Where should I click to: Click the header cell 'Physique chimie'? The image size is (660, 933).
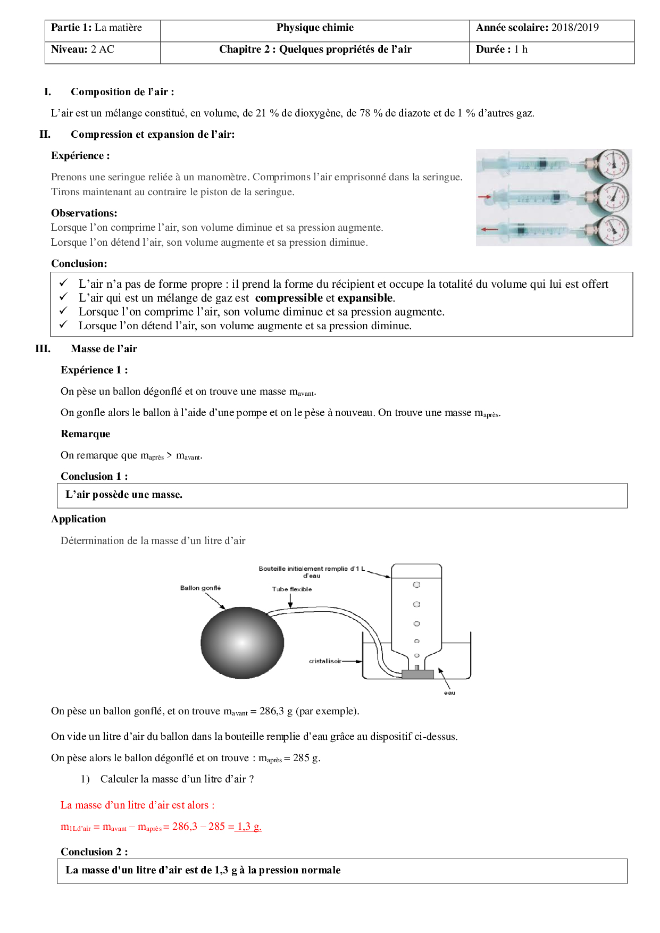coord(315,28)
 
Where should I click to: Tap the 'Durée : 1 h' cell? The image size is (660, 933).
coord(502,50)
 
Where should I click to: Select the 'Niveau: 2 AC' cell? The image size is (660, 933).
coord(82,50)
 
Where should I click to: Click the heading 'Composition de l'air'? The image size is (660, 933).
coord(122,92)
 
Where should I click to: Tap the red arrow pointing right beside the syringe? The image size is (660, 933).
coord(484,197)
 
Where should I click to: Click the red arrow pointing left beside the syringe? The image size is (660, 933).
coord(489,230)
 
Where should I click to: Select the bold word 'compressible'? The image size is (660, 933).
coord(289,298)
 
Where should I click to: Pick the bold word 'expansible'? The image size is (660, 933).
coord(365,298)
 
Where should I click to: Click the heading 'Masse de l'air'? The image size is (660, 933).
coord(104,349)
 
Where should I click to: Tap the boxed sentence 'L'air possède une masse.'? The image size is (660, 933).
coord(124,495)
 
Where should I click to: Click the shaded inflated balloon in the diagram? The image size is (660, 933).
coord(242,642)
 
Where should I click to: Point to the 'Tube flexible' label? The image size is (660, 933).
coord(291,589)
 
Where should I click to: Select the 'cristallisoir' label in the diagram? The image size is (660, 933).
coord(325,661)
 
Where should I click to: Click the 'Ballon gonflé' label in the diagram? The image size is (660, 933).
coord(200,588)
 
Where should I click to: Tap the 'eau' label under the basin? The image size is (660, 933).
coord(449,693)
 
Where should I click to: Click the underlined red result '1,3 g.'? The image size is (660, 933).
coord(249,827)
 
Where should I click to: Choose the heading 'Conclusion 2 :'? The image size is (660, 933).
coord(94,852)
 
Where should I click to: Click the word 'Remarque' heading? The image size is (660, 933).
coord(85,434)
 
